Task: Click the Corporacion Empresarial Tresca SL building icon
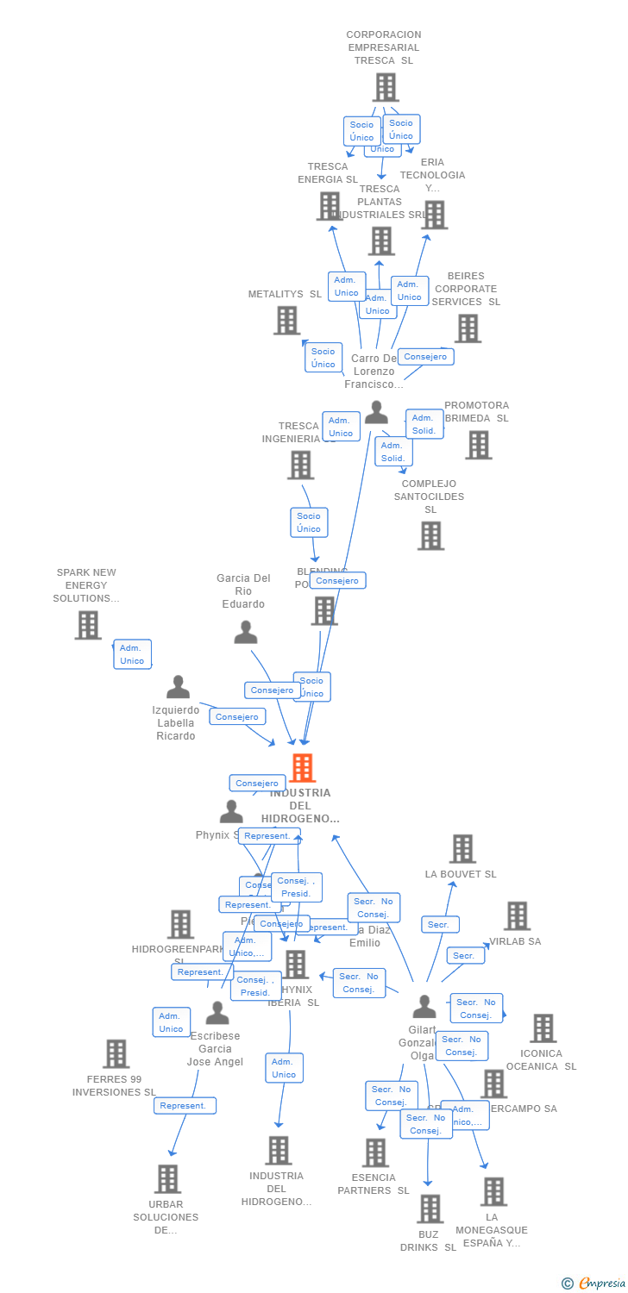[386, 87]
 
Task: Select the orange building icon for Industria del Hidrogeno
[302, 768]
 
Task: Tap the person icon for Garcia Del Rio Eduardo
[246, 633]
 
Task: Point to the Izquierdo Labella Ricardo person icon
[178, 687]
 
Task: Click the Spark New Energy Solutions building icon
[88, 625]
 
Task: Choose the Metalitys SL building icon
[286, 321]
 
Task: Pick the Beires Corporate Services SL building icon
[468, 328]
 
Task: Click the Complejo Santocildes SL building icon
[430, 535]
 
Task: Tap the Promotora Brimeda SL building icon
[478, 445]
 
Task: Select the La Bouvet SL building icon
[462, 849]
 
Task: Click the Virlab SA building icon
[517, 916]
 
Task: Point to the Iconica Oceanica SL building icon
[543, 1028]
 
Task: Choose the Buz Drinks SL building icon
[430, 1209]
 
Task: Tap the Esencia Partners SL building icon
[375, 1152]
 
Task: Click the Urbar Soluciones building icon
[167, 1178]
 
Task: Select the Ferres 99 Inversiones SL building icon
[116, 1053]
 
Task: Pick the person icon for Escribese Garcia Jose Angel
[217, 1013]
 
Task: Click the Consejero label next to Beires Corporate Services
[425, 357]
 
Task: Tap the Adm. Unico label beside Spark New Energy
[132, 654]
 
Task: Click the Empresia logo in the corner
[593, 1284]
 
